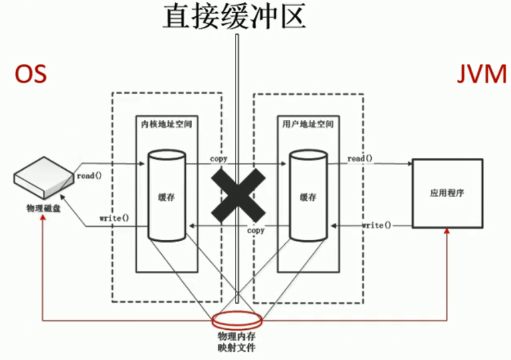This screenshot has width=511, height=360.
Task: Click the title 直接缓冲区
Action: (x=234, y=17)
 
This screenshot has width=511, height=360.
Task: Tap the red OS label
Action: (x=31, y=75)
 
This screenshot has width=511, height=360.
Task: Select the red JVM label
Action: (x=481, y=76)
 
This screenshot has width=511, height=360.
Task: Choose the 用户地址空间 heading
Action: (x=308, y=124)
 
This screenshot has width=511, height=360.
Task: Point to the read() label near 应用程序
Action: (x=360, y=158)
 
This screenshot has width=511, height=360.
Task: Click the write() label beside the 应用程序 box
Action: (x=377, y=224)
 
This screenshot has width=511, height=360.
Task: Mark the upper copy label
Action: (x=219, y=158)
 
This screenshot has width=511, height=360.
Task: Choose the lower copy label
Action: (x=255, y=230)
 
